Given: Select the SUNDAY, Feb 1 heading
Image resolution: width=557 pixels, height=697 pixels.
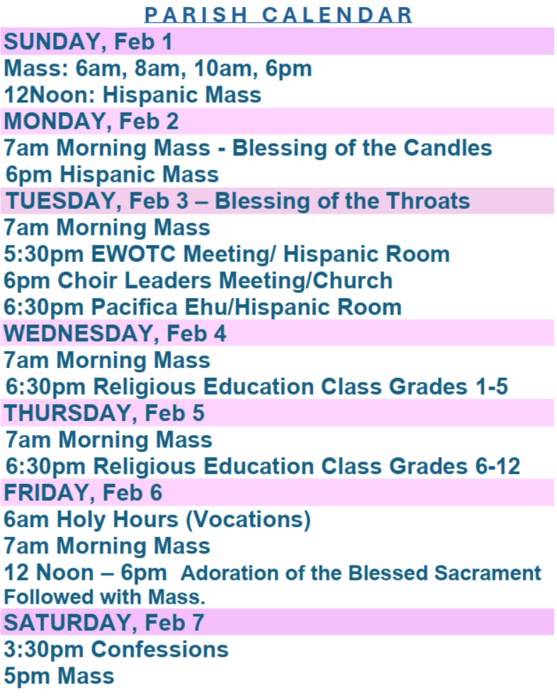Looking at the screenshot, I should tap(88, 42).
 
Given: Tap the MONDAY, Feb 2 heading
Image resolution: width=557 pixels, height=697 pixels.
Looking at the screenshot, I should tap(91, 122).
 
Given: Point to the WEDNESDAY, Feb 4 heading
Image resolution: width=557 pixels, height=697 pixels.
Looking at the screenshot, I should tap(116, 333).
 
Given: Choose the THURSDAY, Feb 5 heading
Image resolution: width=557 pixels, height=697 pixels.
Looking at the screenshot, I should tap(104, 413).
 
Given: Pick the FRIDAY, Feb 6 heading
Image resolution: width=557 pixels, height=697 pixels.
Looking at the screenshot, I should tap(83, 492).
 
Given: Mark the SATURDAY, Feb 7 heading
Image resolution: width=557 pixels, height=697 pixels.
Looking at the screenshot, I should tap(103, 623).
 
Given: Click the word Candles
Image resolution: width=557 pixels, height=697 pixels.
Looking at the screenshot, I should tap(448, 148).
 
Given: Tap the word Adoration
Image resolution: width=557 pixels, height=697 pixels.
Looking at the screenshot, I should tap(233, 572).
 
